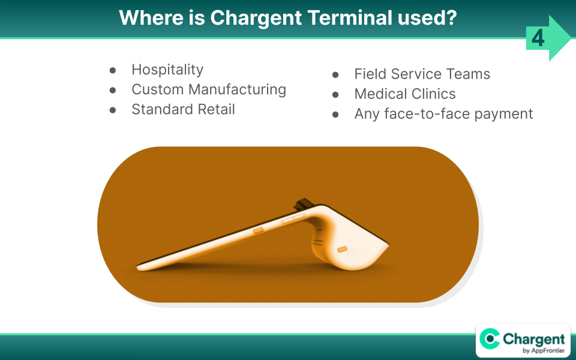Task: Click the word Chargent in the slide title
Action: coord(256,18)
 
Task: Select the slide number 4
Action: coord(538,38)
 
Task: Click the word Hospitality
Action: coord(167,70)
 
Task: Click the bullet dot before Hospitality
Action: coord(113,70)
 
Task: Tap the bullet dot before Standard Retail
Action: coord(113,110)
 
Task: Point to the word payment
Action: coord(503,114)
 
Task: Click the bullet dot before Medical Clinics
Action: coord(335,95)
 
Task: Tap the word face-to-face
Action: coord(427,114)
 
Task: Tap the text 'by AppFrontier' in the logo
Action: coord(544,350)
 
